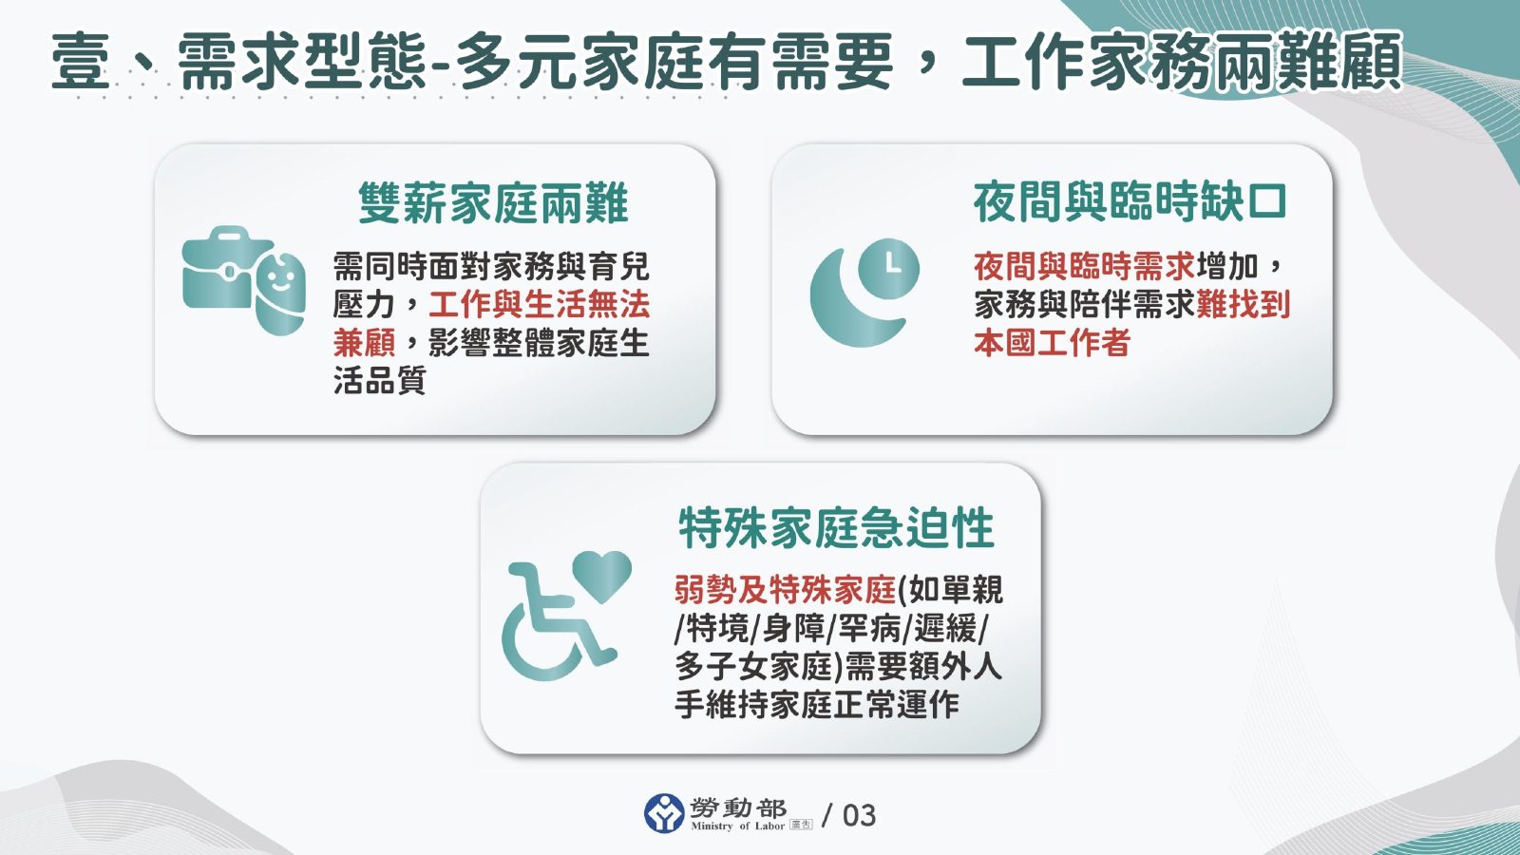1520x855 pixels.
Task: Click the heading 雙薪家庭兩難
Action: tap(493, 203)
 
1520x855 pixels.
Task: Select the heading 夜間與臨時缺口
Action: tap(1130, 202)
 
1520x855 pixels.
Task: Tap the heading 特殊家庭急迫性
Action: tap(836, 528)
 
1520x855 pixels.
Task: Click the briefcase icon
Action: tap(220, 270)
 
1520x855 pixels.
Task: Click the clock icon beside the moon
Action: tap(889, 269)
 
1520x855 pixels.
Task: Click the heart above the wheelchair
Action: tap(602, 573)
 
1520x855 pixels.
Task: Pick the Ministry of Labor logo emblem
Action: tap(664, 814)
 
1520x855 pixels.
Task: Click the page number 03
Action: tap(859, 815)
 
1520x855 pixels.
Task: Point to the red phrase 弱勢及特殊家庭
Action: tap(785, 590)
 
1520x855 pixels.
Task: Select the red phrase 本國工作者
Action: tap(1052, 342)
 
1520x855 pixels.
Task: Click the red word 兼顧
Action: tap(364, 342)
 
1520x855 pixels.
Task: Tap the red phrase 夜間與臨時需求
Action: tap(1084, 266)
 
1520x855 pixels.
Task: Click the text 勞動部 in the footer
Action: tap(738, 808)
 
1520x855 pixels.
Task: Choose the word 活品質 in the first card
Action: tap(379, 380)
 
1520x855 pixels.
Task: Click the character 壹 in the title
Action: tap(81, 62)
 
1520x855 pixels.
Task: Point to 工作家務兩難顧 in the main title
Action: tap(1182, 62)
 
